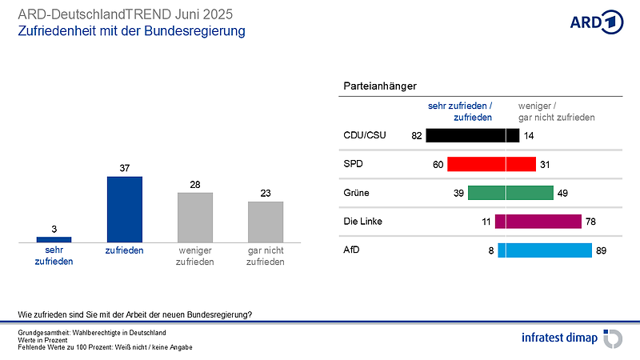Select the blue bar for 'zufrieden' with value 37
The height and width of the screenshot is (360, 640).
[124, 209]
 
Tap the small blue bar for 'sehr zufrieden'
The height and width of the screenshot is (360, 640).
[54, 238]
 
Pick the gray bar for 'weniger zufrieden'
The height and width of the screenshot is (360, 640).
[194, 217]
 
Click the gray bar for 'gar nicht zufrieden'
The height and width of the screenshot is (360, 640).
[266, 222]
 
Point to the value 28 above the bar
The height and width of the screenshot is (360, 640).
[194, 184]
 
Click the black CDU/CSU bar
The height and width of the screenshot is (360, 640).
[472, 135]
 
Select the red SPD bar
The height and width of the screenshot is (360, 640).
[490, 164]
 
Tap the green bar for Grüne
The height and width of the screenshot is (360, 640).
[510, 193]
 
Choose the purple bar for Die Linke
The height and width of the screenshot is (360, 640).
[538, 222]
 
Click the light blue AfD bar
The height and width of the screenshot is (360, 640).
[544, 250]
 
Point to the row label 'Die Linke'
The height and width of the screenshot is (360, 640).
[364, 222]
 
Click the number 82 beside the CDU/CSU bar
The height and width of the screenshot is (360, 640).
[416, 135]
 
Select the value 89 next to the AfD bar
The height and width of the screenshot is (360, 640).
[602, 250]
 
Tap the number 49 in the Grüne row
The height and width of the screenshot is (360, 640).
[562, 193]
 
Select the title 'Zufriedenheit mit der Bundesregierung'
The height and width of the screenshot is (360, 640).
[131, 31]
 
